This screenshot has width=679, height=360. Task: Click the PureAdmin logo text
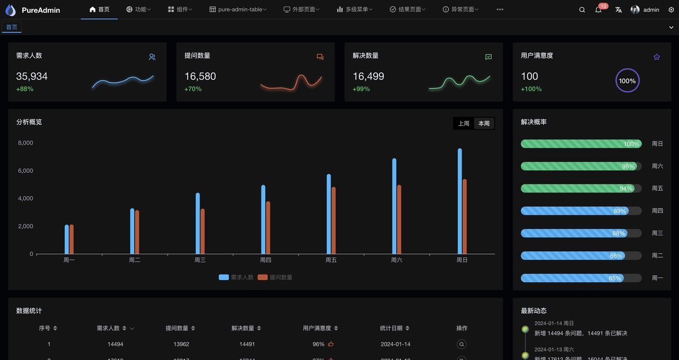point(41,10)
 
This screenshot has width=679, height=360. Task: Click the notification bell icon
point(598,10)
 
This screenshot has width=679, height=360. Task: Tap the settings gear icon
point(671,10)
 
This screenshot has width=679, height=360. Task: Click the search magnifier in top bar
point(582,10)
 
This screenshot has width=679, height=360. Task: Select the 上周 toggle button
point(464,124)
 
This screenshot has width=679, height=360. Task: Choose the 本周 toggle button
point(484,124)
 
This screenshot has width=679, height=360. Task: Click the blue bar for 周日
point(459,201)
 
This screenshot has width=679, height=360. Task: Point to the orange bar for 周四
point(268,227)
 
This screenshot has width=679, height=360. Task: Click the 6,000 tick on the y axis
point(25,171)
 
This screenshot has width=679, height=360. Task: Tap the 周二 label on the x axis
point(135,260)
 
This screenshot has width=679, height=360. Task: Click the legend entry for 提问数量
point(275,277)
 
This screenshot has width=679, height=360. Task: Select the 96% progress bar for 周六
point(581,166)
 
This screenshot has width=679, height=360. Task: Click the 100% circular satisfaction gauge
point(627,81)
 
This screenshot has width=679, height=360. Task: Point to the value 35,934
point(32,76)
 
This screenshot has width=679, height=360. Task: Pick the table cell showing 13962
point(181,344)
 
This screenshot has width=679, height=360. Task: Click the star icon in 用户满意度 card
point(657,57)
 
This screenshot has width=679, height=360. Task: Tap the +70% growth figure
point(193,89)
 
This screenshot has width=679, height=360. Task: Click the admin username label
point(651,10)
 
